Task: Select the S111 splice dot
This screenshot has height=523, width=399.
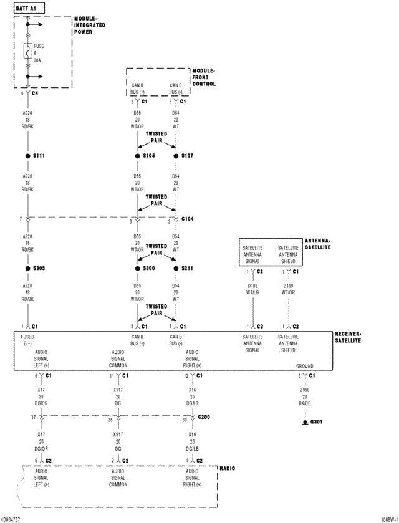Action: [28, 155]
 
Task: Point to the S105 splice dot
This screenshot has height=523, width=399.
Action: [138, 155]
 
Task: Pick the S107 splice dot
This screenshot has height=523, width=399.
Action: [176, 155]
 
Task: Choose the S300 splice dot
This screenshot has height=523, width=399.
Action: [138, 268]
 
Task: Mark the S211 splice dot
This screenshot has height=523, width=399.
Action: [176, 268]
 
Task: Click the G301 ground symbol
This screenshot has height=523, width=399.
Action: [304, 422]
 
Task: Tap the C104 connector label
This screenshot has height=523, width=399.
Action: [188, 220]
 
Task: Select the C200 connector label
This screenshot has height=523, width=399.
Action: [203, 416]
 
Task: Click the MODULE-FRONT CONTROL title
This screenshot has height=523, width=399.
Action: [204, 78]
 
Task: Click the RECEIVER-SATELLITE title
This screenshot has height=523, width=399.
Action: [348, 337]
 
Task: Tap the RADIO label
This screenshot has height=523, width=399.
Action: [227, 468]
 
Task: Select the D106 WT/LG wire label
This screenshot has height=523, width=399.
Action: [252, 288]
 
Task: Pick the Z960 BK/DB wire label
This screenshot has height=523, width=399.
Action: [304, 396]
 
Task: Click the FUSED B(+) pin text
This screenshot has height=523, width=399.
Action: [29, 340]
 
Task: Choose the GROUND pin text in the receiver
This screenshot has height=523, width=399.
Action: [304, 366]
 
